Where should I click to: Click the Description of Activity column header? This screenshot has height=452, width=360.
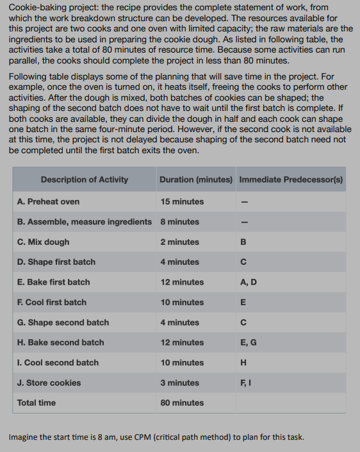(84, 180)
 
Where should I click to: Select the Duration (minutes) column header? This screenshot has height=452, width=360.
(195, 180)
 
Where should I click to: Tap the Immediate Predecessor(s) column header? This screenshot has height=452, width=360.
(291, 180)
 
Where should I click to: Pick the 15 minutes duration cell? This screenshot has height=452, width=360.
(182, 201)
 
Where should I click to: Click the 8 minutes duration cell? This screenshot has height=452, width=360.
(179, 222)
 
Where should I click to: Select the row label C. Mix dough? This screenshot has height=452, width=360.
(43, 242)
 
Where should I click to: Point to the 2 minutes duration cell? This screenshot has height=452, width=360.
(179, 242)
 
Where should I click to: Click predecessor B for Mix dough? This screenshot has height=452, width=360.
(242, 242)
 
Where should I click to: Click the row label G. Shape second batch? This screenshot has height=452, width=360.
(63, 322)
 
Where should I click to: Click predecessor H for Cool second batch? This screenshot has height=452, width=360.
(242, 362)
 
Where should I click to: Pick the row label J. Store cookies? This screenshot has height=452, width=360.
(49, 383)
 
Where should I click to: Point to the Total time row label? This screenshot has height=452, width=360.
(36, 403)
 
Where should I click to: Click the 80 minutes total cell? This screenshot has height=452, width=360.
(182, 403)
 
